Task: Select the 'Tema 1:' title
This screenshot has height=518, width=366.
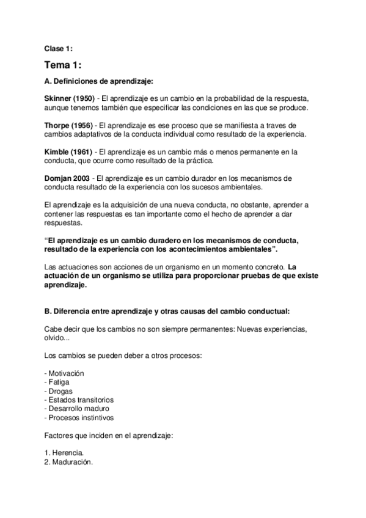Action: click(x=64, y=65)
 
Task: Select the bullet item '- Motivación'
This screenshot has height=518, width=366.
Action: click(x=64, y=373)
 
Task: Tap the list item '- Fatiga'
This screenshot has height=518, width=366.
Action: click(x=58, y=382)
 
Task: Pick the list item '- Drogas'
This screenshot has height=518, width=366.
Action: click(x=59, y=391)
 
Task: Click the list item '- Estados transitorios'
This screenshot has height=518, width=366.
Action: click(x=79, y=399)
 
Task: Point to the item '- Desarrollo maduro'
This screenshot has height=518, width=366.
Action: click(x=77, y=409)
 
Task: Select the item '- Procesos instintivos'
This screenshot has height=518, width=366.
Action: click(x=79, y=418)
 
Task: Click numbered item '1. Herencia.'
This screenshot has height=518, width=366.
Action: click(x=65, y=453)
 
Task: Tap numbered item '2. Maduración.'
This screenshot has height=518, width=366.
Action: click(x=69, y=462)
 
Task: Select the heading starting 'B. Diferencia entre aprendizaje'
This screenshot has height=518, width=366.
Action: click(x=167, y=312)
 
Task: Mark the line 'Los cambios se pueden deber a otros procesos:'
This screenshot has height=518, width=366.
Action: click(x=120, y=355)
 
